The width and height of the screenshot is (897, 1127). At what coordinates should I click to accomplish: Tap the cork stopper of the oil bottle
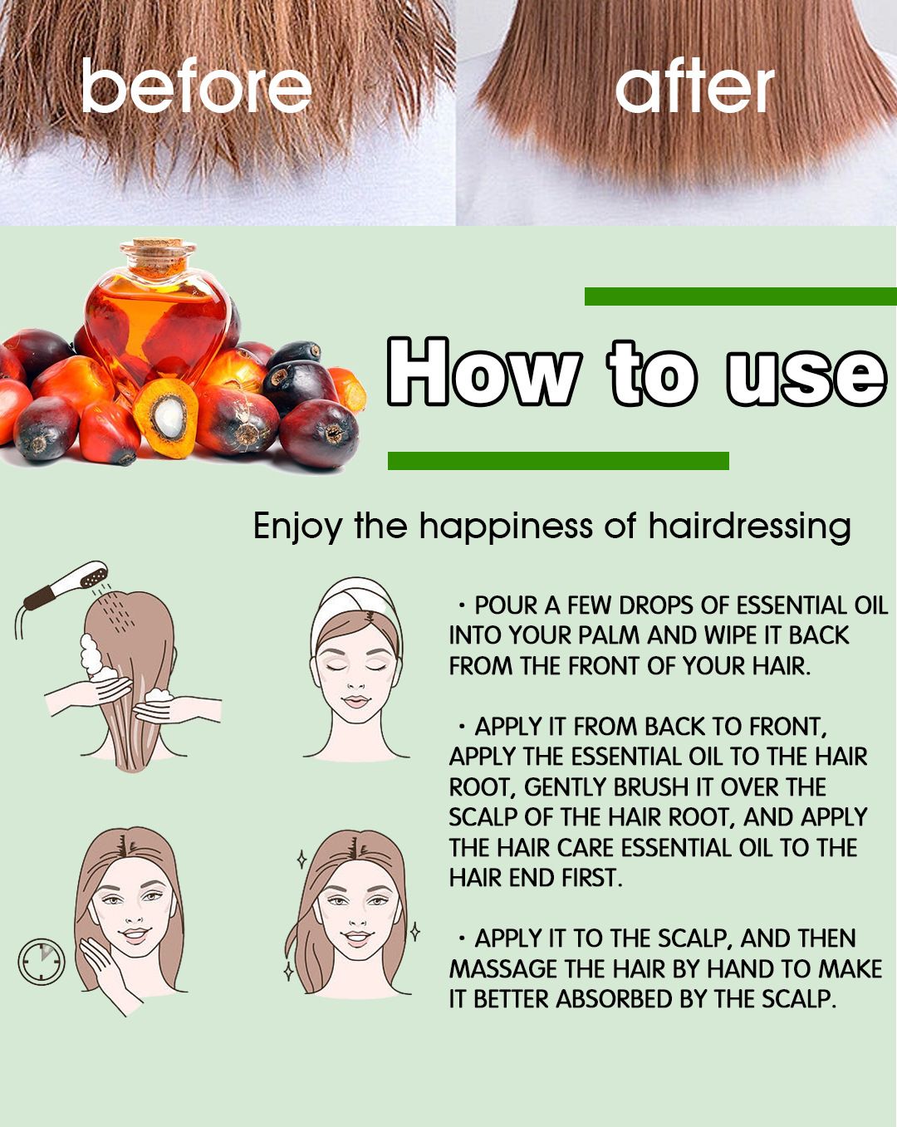[157, 252]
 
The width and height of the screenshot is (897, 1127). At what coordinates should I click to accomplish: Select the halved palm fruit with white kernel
[166, 418]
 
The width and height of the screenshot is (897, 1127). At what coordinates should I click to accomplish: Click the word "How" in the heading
[484, 371]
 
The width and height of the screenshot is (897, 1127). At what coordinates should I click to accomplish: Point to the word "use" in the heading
[806, 375]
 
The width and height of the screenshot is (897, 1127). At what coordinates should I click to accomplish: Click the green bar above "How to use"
[740, 296]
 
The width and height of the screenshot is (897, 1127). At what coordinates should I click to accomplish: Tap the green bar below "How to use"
[558, 461]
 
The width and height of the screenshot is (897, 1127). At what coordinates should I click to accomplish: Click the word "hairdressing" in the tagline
[749, 527]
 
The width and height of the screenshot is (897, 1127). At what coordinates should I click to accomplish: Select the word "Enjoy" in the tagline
[297, 527]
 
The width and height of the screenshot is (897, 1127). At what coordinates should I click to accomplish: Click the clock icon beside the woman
[42, 962]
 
